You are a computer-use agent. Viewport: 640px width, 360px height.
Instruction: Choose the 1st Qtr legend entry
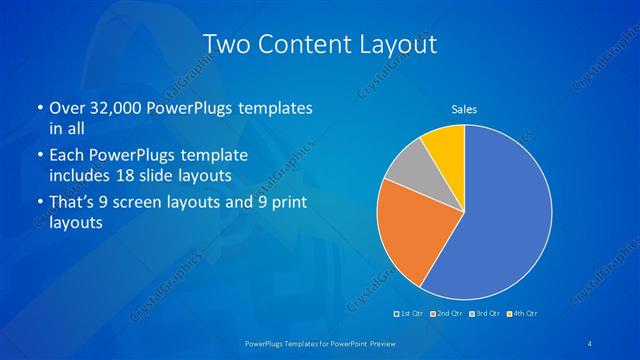click(x=409, y=314)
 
